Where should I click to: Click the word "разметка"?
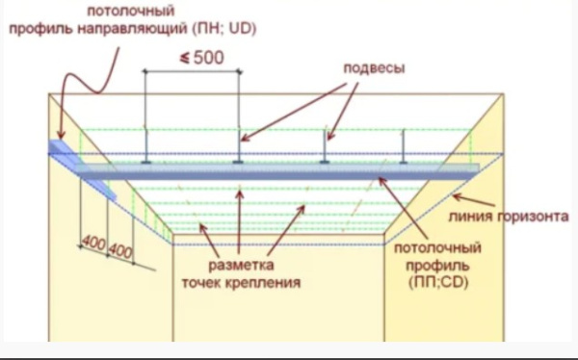pyautogui.click(x=241, y=265)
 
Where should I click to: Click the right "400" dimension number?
pyautogui.click(x=120, y=250)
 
